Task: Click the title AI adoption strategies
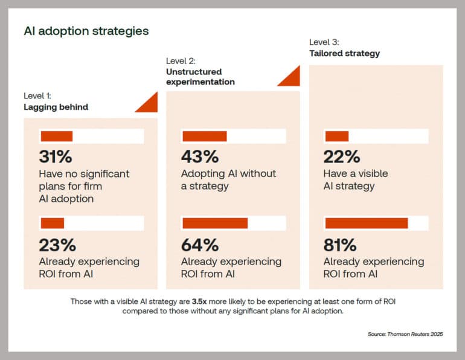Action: pyautogui.click(x=86, y=31)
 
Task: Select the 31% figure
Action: pyautogui.click(x=56, y=156)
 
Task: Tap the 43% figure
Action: pyautogui.click(x=199, y=156)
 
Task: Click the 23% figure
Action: pyautogui.click(x=57, y=245)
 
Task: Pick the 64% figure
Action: pyautogui.click(x=200, y=245)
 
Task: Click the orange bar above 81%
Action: pyautogui.click(x=367, y=223)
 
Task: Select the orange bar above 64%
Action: pyautogui.click(x=215, y=223)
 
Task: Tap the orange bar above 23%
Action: pyautogui.click(x=53, y=223)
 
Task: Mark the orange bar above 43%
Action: pyautogui.click(x=205, y=137)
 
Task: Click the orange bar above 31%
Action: pyautogui.click(x=56, y=137)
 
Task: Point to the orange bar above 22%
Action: pyautogui.click(x=337, y=137)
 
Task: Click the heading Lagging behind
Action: pyautogui.click(x=56, y=107)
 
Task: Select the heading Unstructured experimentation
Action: pyautogui.click(x=200, y=77)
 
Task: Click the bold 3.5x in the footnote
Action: pyautogui.click(x=216, y=301)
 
